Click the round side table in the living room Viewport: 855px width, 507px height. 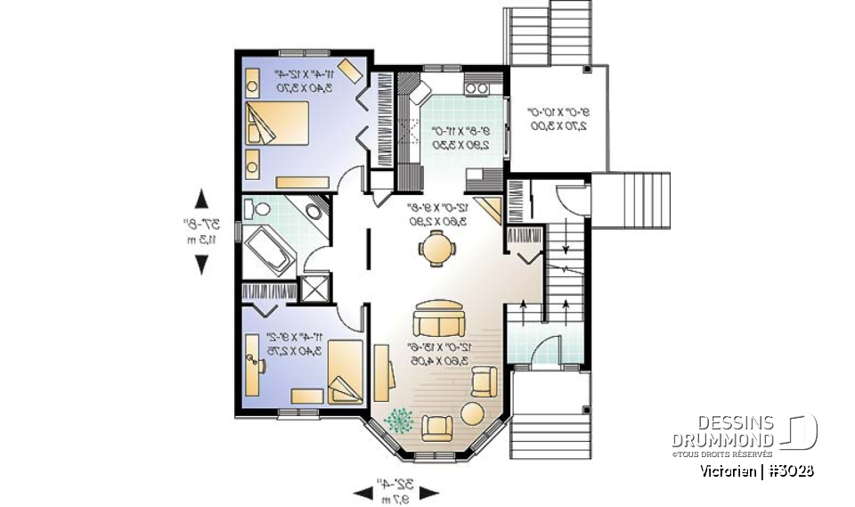(x=471, y=415)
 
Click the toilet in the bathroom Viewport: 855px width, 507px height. (x=259, y=209)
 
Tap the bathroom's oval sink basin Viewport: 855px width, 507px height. (x=314, y=212)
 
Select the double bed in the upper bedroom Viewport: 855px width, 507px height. (x=277, y=124)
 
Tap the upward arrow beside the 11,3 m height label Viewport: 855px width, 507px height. (x=202, y=198)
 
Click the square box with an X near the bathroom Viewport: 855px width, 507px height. (x=314, y=288)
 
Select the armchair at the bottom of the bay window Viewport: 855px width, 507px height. (x=436, y=429)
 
